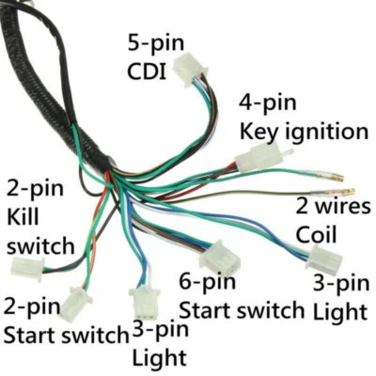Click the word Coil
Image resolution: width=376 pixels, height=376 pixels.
click(x=317, y=233)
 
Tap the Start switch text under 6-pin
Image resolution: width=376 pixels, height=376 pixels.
click(x=242, y=309)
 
